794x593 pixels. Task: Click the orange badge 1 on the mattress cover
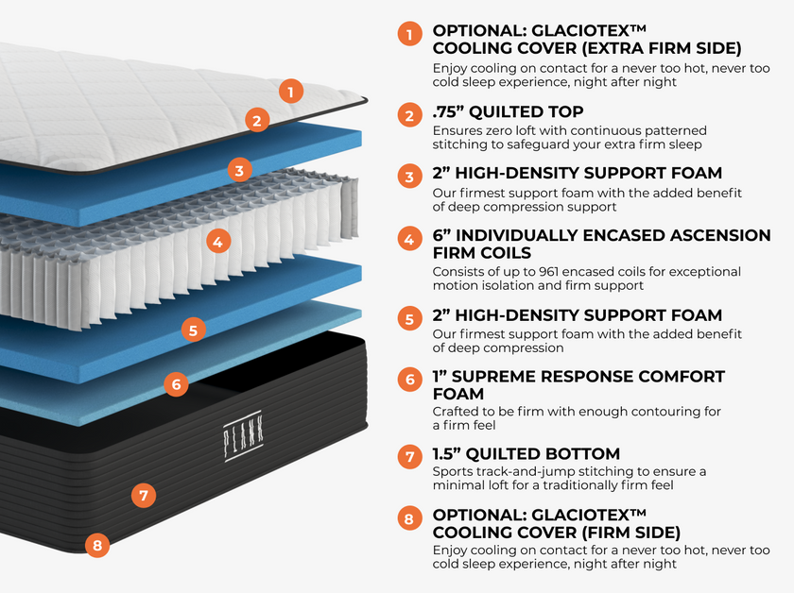(x=292, y=92)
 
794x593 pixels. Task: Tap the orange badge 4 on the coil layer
(x=217, y=241)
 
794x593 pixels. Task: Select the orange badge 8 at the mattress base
(x=97, y=544)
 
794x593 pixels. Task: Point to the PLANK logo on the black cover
(x=245, y=436)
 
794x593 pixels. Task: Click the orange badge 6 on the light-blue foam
(x=176, y=384)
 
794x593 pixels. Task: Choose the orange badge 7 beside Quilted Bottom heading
(x=409, y=457)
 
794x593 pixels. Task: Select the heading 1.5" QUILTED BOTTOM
(x=526, y=454)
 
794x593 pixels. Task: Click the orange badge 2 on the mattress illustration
(x=255, y=119)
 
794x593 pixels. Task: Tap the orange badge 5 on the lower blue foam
(x=193, y=330)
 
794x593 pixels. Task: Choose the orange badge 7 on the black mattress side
(x=143, y=494)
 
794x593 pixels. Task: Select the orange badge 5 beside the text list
(x=409, y=319)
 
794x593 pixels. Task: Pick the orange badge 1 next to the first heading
(x=409, y=35)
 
